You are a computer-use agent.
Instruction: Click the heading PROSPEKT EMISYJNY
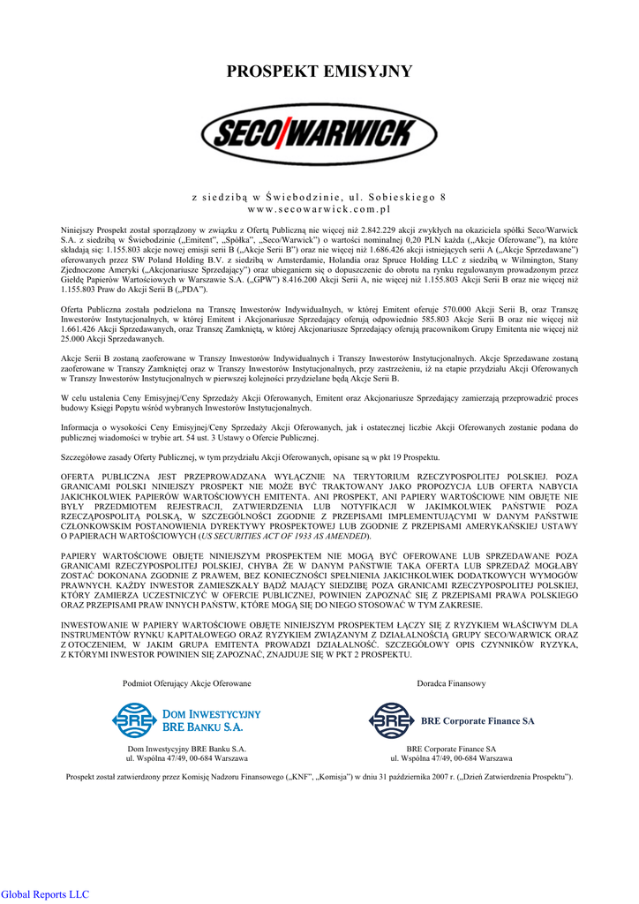click(x=319, y=72)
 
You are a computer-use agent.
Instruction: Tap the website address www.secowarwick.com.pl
click(x=319, y=209)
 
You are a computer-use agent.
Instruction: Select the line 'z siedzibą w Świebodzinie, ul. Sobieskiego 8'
click(x=319, y=196)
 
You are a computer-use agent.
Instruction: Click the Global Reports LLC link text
click(x=45, y=893)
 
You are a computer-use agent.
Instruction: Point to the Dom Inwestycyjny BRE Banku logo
click(x=186, y=719)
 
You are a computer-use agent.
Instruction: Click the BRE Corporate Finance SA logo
click(x=451, y=720)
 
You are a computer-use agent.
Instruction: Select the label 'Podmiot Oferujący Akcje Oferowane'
click(x=186, y=684)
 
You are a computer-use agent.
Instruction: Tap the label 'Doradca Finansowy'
click(x=451, y=684)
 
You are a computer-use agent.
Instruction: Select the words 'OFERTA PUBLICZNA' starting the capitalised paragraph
click(x=101, y=477)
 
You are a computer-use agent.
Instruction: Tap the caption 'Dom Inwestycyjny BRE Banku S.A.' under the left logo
click(x=186, y=749)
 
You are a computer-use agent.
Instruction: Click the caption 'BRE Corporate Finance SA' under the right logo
click(x=451, y=749)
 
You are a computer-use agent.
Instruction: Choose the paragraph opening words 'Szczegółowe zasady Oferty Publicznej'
click(x=129, y=457)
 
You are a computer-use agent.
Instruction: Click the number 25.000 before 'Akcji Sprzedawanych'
click(x=76, y=339)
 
